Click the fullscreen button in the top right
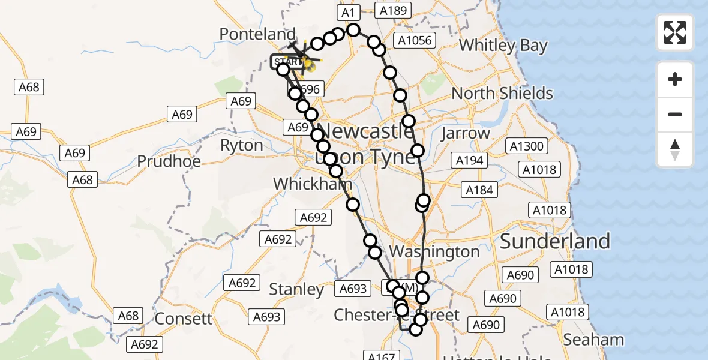675,32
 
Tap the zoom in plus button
675,79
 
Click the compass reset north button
675,149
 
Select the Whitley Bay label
503,46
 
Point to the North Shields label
502,94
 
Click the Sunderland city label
554,241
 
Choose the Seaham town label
593,340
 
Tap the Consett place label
183,319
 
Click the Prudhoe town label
169,161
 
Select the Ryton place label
242,145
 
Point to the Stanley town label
296,289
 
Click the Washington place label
434,251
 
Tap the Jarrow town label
466,133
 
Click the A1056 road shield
413,40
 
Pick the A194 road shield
470,160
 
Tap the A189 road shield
392,10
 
